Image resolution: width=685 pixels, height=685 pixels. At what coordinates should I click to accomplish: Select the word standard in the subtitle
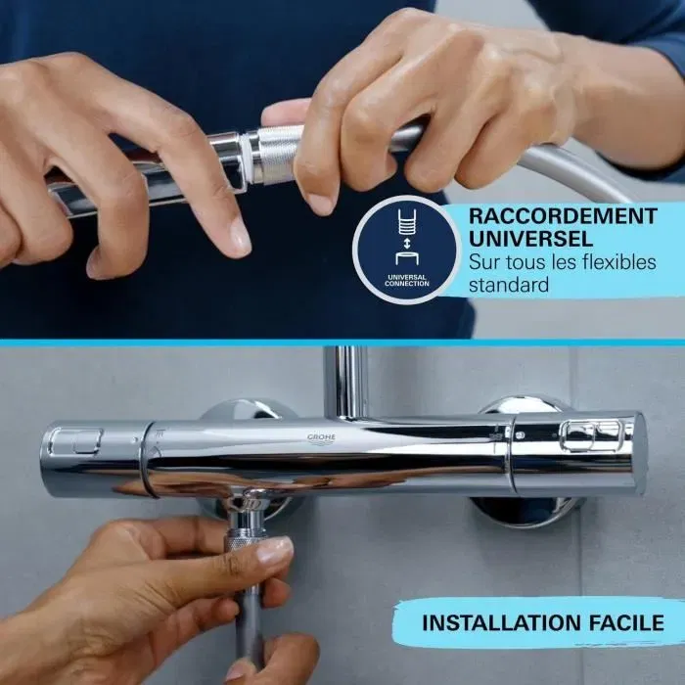[x=508, y=286]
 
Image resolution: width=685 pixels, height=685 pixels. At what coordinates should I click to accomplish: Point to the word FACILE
[x=628, y=622]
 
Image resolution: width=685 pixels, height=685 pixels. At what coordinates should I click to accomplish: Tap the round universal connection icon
[x=399, y=250]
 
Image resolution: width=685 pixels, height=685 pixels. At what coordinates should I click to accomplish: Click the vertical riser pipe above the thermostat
[x=346, y=382]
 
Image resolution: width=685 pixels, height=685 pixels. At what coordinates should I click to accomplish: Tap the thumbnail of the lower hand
[x=275, y=552]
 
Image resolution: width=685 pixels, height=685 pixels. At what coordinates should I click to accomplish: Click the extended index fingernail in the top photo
[x=241, y=236]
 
